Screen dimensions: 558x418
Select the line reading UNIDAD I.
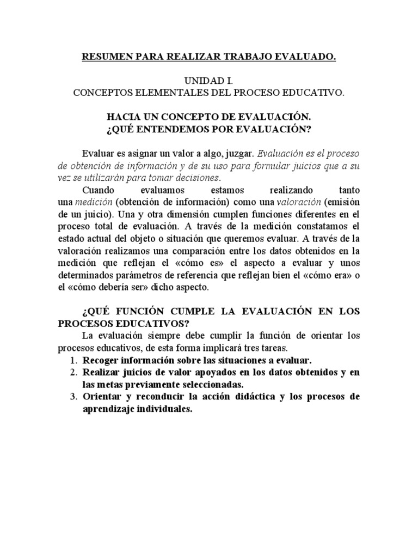pyautogui.click(x=208, y=81)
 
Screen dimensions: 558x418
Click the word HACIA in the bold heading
pyautogui.click(x=126, y=117)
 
